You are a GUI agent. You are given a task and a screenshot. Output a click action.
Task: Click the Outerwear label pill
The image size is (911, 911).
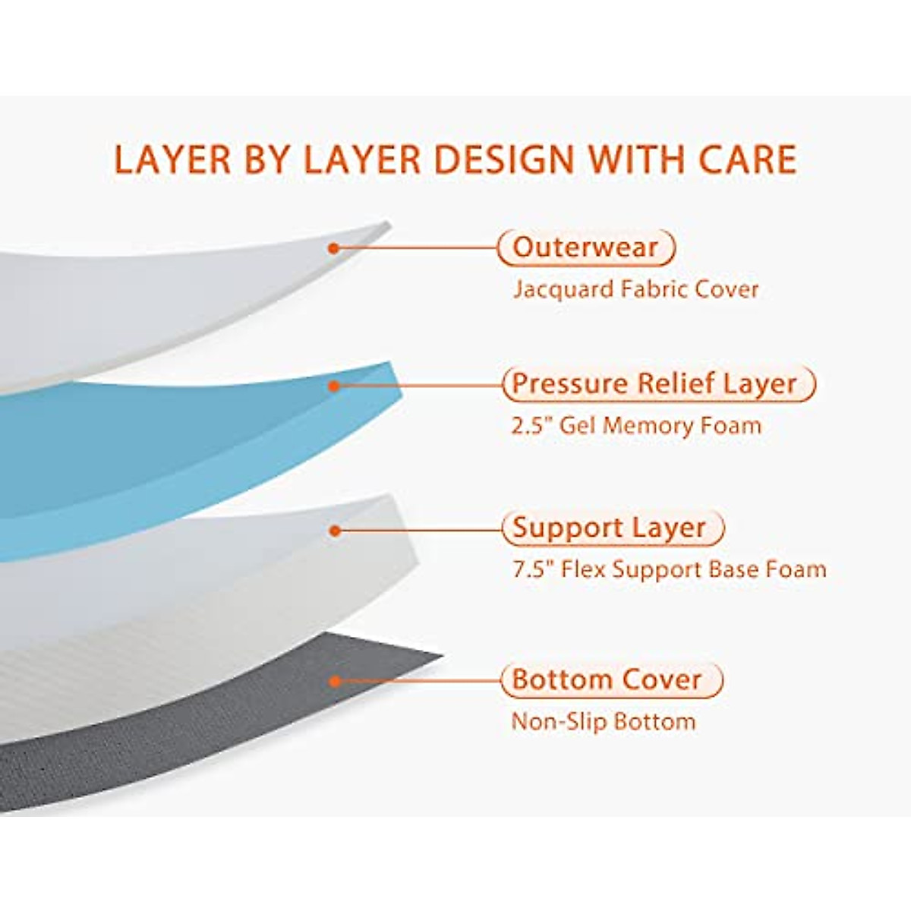[x=585, y=247]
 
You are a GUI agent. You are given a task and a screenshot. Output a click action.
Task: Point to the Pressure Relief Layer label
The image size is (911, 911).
[x=657, y=384]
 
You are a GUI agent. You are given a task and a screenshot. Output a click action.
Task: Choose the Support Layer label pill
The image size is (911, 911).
[x=612, y=528]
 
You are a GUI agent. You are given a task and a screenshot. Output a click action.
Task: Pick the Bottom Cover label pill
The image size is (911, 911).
[x=610, y=679]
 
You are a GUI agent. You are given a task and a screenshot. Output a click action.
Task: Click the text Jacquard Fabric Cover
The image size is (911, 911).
[x=635, y=289]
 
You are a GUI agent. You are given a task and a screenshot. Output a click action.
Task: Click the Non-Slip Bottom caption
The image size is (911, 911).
[x=604, y=720]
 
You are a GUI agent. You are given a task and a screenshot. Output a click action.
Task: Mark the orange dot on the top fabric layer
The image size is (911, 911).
[x=333, y=247]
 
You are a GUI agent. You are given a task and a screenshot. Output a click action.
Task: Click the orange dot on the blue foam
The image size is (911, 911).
[x=334, y=386]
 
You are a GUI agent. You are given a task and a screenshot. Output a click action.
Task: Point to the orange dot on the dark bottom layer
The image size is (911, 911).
[x=334, y=681]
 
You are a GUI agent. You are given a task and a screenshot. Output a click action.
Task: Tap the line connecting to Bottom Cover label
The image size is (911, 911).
[x=418, y=680]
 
